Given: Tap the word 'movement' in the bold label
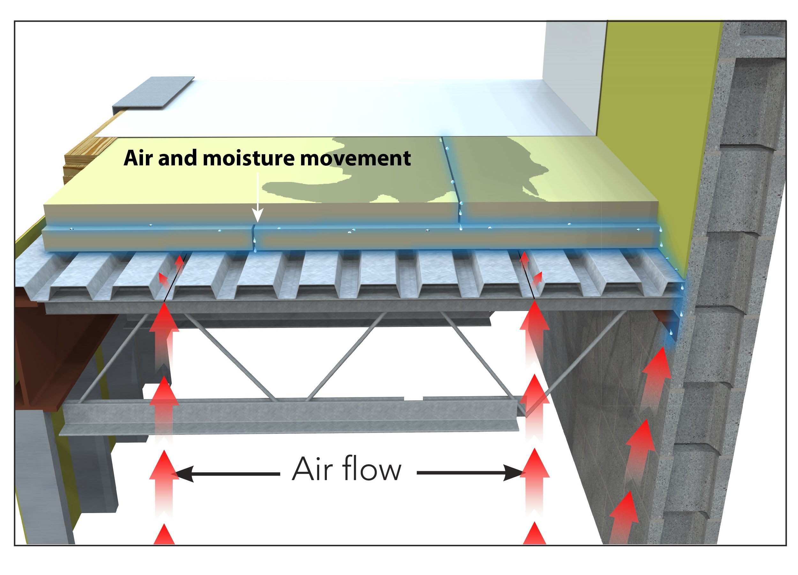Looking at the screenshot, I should [355, 158].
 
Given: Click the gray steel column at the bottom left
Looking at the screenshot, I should [49, 486].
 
